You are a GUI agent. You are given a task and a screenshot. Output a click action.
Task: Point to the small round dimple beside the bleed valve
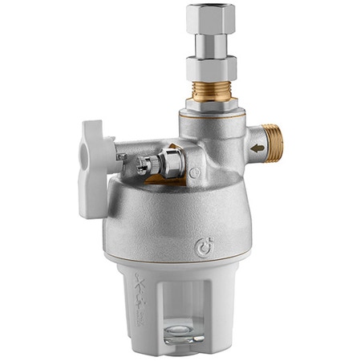pos(195,172)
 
